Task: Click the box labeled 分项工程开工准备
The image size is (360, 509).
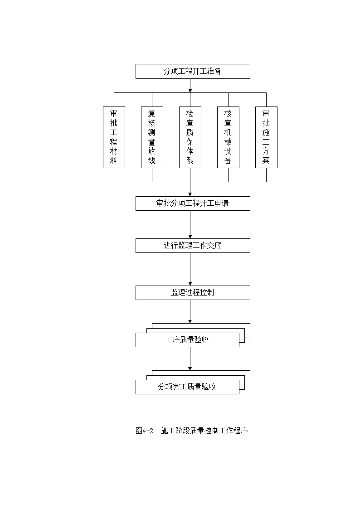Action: point(193,72)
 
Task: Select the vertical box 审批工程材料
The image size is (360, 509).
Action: point(114,137)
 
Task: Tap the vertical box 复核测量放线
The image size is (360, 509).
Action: point(152,137)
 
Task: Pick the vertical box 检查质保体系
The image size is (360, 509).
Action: point(190,137)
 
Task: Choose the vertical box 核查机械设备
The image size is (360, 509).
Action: point(228,137)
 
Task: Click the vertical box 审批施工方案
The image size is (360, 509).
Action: point(266,137)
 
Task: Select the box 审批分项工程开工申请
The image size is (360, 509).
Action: point(193,204)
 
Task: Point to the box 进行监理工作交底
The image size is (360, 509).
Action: point(193,246)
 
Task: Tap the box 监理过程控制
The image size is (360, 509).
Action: point(193,293)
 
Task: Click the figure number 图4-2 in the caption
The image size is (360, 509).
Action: point(145,431)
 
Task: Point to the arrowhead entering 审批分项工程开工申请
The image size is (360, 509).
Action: point(190,194)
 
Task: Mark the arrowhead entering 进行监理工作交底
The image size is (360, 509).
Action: point(190,237)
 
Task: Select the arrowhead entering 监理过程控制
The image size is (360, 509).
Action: point(190,284)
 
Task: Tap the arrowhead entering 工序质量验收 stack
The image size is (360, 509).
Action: point(190,321)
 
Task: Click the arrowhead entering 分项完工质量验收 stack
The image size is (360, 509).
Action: point(190,368)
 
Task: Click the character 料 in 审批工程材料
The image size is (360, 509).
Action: point(114,161)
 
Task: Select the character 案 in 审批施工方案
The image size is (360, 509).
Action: point(266,161)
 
